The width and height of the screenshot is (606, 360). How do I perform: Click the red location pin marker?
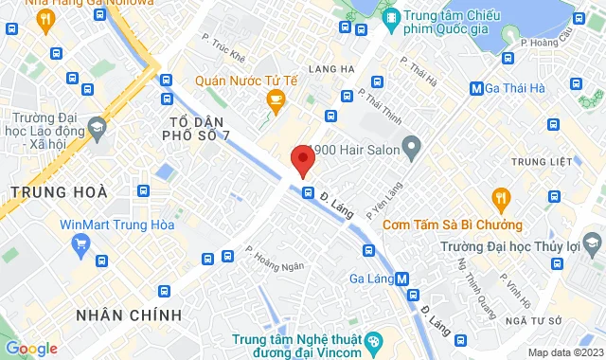(x=302, y=161)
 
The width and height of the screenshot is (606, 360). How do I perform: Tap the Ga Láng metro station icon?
(x=402, y=279)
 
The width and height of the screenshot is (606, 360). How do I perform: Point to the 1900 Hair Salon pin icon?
(x=411, y=146)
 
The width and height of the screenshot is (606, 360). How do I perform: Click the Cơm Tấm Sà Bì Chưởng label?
(x=457, y=225)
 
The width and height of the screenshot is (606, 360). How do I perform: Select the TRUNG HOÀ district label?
(x=53, y=192)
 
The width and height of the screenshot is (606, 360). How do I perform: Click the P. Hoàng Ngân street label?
(x=276, y=259)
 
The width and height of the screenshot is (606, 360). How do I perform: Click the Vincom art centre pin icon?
(x=373, y=338)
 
